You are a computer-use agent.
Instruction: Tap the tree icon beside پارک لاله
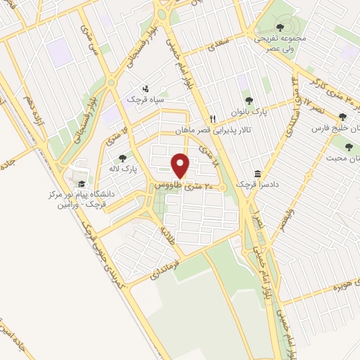pyautogui.click(x=124, y=158)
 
